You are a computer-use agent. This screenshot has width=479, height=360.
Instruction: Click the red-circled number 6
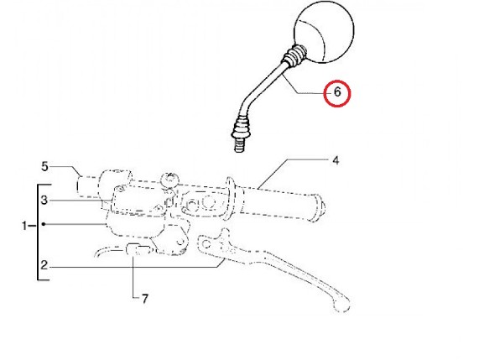pyautogui.click(x=337, y=92)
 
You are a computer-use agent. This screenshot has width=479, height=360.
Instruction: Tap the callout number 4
pyautogui.click(x=336, y=160)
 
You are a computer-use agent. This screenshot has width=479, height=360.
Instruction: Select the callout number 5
pyautogui.click(x=44, y=166)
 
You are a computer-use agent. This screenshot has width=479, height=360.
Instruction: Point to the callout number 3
pyautogui.click(x=44, y=201)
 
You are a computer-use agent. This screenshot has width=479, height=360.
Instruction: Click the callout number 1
pyautogui.click(x=24, y=226)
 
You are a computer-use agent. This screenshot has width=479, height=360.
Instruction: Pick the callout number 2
pyautogui.click(x=44, y=265)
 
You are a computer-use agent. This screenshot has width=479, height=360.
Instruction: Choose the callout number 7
pyautogui.click(x=144, y=299)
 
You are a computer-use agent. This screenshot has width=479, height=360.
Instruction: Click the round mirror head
pyautogui.click(x=324, y=32)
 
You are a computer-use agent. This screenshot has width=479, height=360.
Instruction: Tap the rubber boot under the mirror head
pyautogui.click(x=294, y=55)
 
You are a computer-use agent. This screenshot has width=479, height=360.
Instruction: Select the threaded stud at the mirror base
pyautogui.click(x=241, y=144)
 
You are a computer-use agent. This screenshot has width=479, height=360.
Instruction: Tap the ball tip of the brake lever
pyautogui.click(x=341, y=304)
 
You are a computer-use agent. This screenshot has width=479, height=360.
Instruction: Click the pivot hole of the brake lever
pyautogui.click(x=207, y=244)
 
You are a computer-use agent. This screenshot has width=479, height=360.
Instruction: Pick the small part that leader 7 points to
pyautogui.click(x=138, y=249)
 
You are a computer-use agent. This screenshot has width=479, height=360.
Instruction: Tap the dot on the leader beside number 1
pyautogui.click(x=44, y=224)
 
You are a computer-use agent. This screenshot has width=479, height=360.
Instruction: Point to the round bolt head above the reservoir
pyautogui.click(x=169, y=180)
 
